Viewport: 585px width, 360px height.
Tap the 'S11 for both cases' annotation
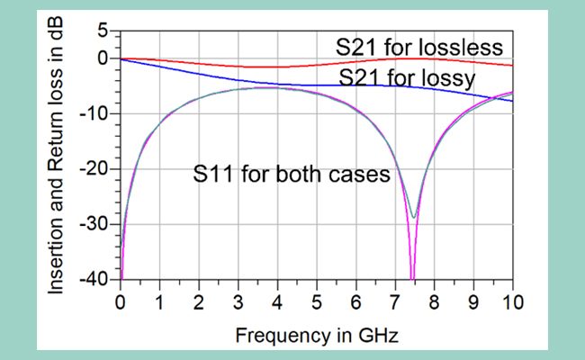(x=291, y=175)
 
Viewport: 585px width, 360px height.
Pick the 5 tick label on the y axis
(x=103, y=31)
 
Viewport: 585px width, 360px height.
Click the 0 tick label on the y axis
(x=103, y=59)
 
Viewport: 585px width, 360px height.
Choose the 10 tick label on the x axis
(x=512, y=300)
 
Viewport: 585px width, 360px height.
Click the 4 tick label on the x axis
(x=277, y=300)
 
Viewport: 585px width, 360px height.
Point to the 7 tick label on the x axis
(x=395, y=300)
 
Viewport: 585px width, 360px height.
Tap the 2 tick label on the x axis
(x=199, y=300)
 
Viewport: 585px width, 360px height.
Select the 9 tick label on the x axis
(x=473, y=300)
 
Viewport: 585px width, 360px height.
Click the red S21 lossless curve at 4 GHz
(x=277, y=67)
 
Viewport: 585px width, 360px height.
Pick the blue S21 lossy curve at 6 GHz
(x=355, y=85)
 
